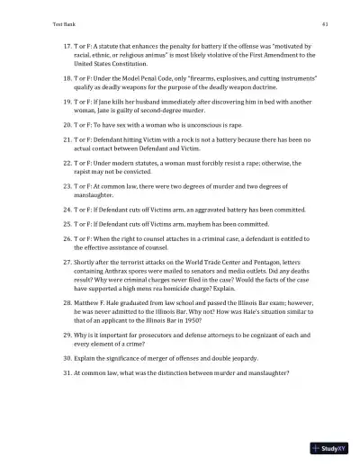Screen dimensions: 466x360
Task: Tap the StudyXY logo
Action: tap(332, 447)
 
